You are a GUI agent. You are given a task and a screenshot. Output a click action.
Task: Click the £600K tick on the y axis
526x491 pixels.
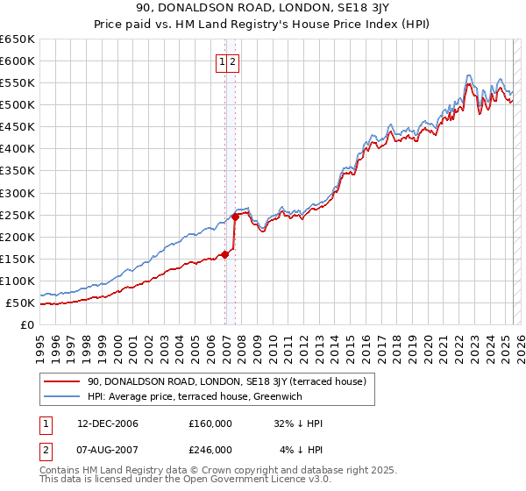pyautogui.click(x=18, y=60)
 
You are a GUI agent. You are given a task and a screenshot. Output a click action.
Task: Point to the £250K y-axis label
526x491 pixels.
pyautogui.click(x=18, y=215)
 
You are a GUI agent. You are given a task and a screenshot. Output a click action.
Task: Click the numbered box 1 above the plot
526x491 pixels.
pyautogui.click(x=223, y=61)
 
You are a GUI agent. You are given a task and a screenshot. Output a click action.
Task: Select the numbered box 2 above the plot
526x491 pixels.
pyautogui.click(x=234, y=61)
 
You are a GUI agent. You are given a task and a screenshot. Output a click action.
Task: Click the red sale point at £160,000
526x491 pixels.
pyautogui.click(x=225, y=254)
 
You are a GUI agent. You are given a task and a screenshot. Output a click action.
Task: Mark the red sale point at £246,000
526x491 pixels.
pyautogui.click(x=235, y=217)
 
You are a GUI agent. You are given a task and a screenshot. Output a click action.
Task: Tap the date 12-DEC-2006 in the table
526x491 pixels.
pyautogui.click(x=108, y=423)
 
